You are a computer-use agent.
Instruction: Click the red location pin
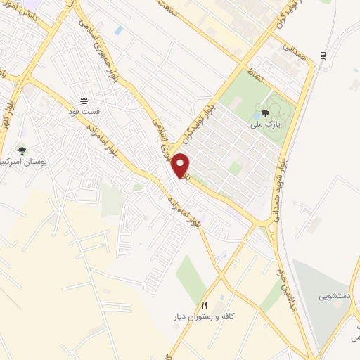(181, 165)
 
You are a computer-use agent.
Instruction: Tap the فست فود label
(84, 111)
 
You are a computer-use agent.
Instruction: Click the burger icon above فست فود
(84, 101)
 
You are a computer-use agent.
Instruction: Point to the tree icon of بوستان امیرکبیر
(22, 150)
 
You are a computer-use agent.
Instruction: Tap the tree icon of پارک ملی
(265, 113)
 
